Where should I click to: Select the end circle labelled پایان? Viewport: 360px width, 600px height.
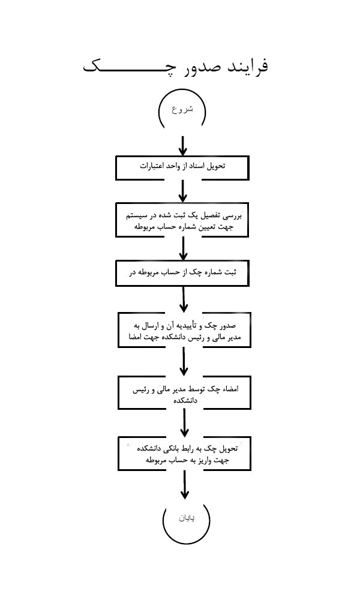[x=185, y=518]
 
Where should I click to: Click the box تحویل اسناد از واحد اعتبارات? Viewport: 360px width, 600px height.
[x=181, y=167]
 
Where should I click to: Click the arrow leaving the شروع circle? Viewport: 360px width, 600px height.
[x=183, y=145]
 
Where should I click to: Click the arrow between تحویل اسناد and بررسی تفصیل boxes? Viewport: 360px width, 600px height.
[x=183, y=191]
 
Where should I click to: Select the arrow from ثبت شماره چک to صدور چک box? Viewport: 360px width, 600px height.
[x=184, y=299]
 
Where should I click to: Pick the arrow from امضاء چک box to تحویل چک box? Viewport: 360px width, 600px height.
[x=184, y=422]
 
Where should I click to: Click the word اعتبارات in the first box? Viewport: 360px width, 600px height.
[x=153, y=165]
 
